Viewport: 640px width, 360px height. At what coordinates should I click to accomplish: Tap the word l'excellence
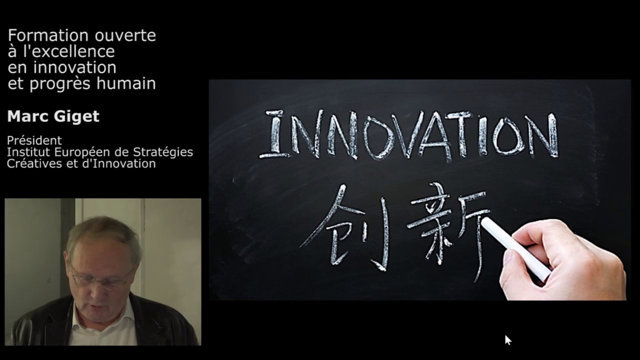click(69, 51)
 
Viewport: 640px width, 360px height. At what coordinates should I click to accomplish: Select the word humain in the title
click(126, 83)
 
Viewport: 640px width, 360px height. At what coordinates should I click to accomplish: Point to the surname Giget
click(77, 117)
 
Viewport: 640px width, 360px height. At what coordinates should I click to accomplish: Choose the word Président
click(34, 140)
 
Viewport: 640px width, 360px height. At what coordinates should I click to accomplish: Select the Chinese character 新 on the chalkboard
click(448, 229)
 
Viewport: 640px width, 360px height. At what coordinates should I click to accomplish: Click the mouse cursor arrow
click(508, 340)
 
